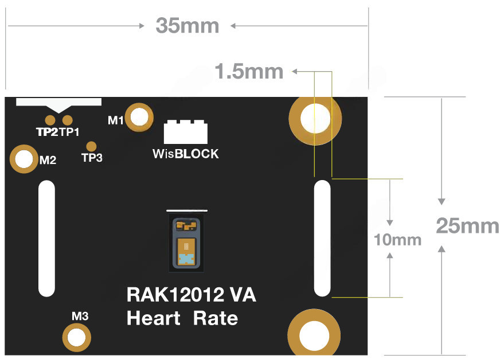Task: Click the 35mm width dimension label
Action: [x=187, y=26]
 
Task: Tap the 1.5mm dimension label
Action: [x=249, y=72]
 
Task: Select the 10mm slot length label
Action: [x=397, y=239]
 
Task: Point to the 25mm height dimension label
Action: [x=467, y=226]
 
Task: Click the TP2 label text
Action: [x=47, y=132]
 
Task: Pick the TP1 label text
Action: [x=69, y=132]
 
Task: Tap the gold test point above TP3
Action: [x=91, y=146]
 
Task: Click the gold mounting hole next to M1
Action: [x=139, y=118]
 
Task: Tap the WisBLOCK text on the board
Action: [x=185, y=154]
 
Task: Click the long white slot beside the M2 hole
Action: [x=46, y=238]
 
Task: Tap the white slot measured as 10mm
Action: [x=323, y=238]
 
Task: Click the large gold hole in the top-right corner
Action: [x=315, y=119]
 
